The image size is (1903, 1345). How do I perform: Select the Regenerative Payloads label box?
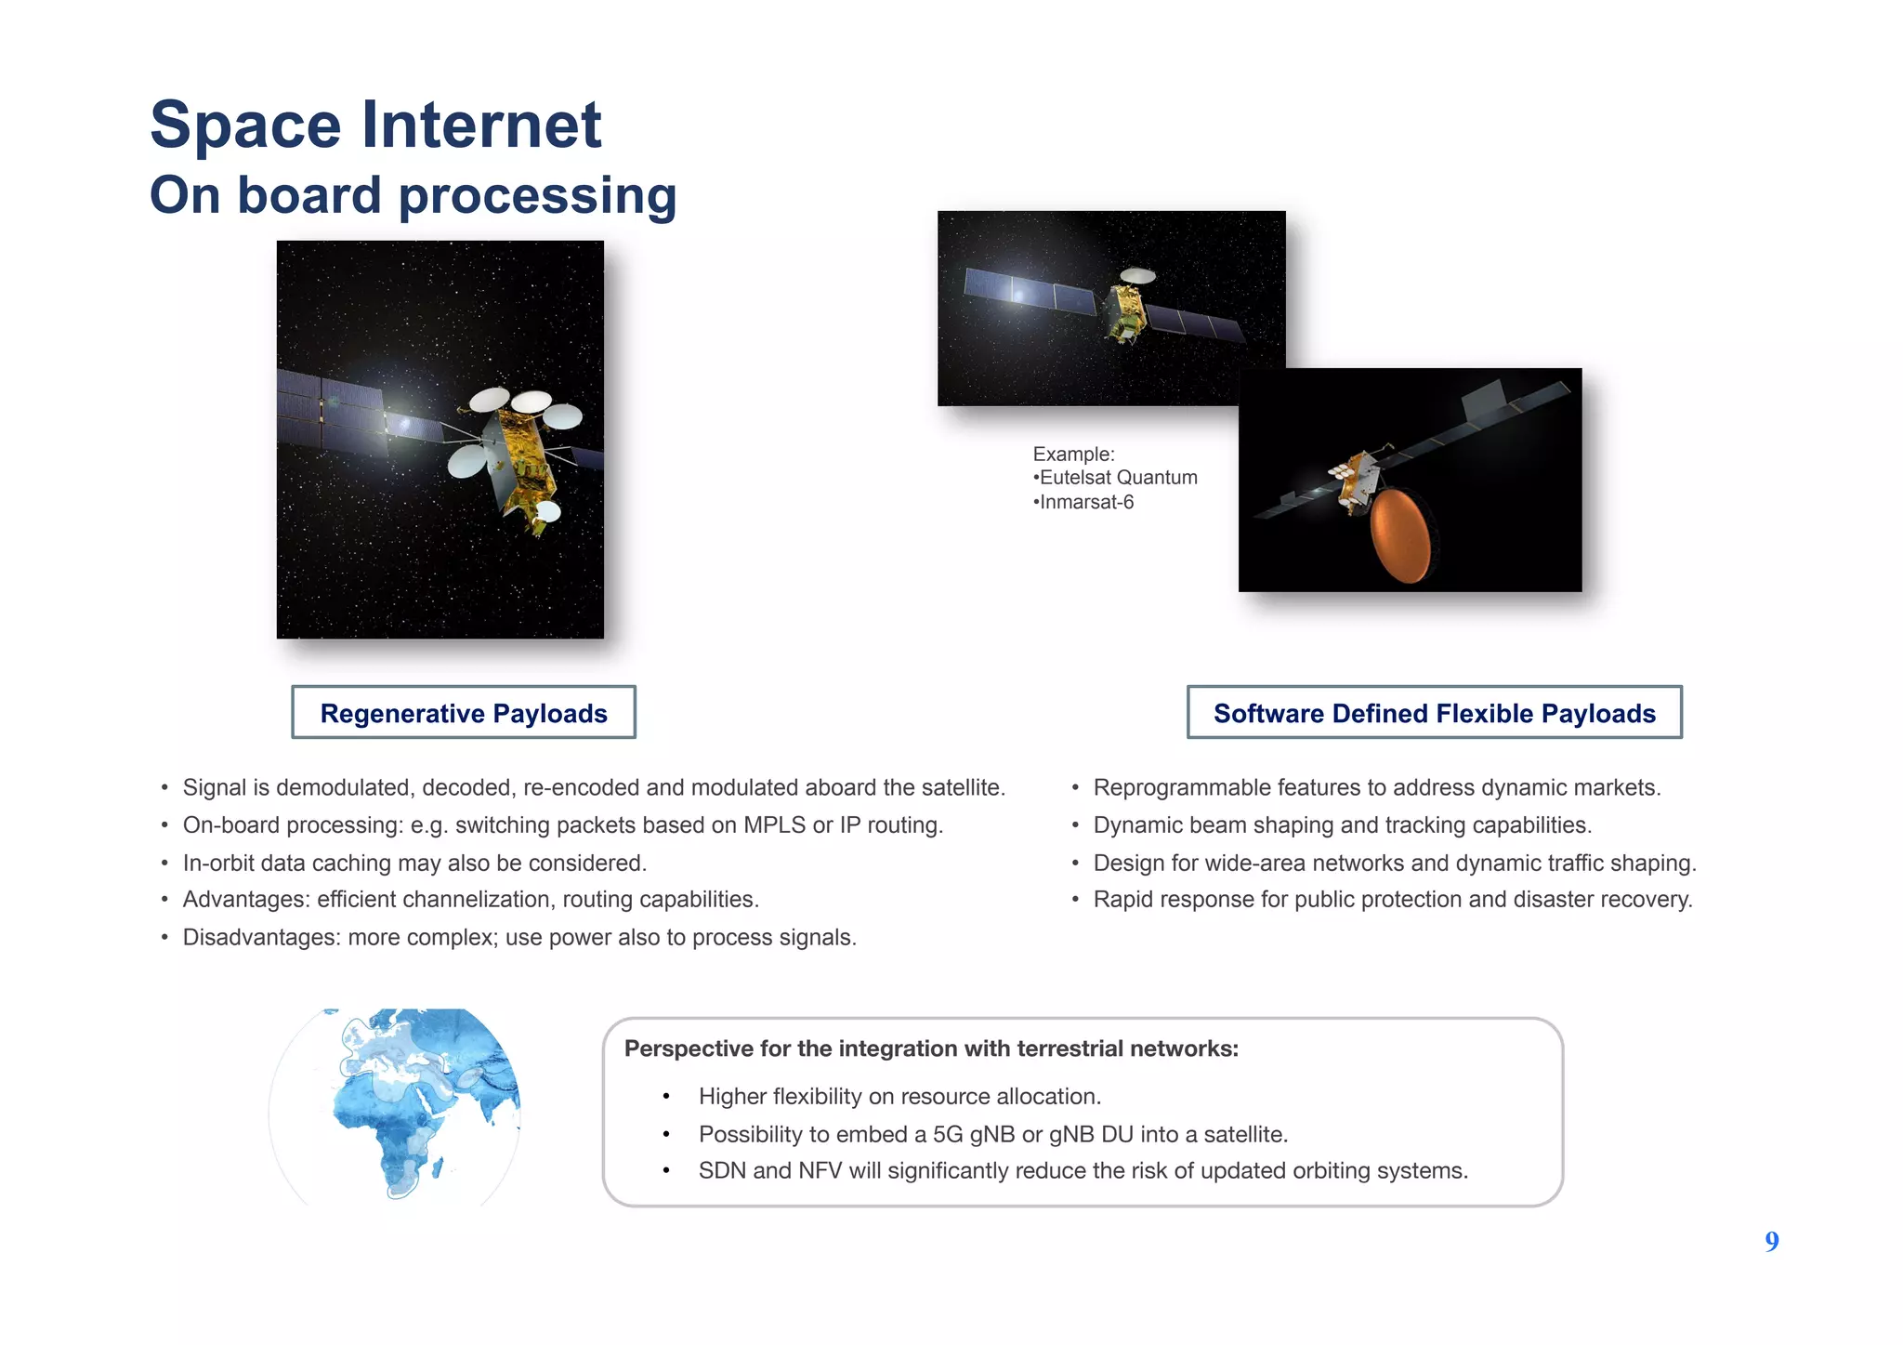tap(463, 713)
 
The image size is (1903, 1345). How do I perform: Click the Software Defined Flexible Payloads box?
tap(1434, 713)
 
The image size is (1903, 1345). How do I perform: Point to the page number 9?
tap(1771, 1242)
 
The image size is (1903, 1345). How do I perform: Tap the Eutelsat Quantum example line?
tap(1117, 478)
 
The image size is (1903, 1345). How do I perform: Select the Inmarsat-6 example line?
tap(1085, 503)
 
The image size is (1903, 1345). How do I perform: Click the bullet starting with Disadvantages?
tap(518, 937)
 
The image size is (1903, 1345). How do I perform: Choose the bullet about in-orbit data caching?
tap(413, 863)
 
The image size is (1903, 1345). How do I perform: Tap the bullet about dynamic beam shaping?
tap(1342, 825)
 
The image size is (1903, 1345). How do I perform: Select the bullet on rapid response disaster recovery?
tap(1392, 900)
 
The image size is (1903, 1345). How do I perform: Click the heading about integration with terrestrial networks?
tap(931, 1048)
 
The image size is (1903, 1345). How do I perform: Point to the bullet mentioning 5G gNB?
tap(992, 1134)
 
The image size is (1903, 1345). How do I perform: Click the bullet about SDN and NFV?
tap(1083, 1170)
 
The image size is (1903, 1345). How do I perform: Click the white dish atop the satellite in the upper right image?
tap(1137, 275)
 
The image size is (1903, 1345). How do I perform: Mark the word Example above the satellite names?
tap(1072, 454)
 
